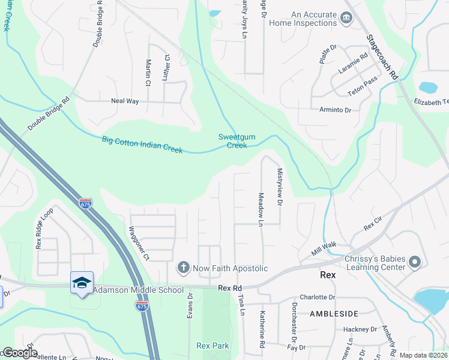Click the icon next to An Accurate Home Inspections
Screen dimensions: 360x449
coord(346,18)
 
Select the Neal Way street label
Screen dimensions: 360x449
coord(125,101)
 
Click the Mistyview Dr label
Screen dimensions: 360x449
coord(279,187)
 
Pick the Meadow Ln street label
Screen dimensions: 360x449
coord(261,209)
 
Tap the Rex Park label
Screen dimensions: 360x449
coord(212,346)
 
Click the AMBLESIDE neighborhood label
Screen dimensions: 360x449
coord(334,314)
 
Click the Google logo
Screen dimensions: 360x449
coord(19,353)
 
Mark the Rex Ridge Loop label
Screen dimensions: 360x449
coord(40,229)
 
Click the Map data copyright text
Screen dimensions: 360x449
coord(423,355)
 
